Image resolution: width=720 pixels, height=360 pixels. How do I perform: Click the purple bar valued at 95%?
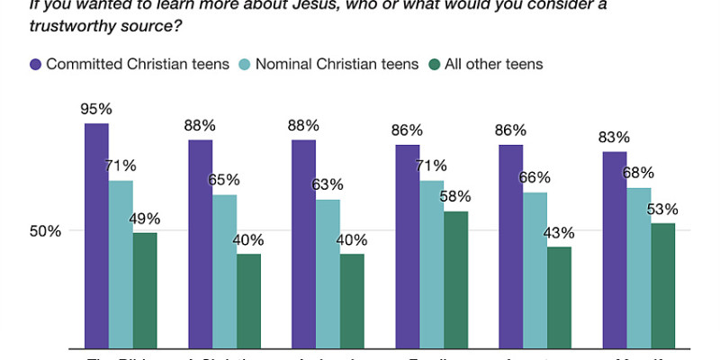(x=96, y=236)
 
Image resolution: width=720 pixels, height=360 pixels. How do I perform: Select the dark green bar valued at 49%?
(x=145, y=290)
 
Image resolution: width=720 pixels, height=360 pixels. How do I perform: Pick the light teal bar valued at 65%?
(x=224, y=271)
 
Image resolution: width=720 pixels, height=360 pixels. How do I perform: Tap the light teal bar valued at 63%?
(x=328, y=274)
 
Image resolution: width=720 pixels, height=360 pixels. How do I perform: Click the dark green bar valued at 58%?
(x=455, y=279)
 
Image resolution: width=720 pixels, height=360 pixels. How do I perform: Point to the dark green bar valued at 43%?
(x=559, y=297)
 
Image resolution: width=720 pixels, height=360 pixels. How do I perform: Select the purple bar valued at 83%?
(x=614, y=249)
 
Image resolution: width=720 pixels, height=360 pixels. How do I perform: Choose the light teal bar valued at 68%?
(x=638, y=267)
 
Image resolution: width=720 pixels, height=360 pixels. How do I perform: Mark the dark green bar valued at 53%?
(x=662, y=285)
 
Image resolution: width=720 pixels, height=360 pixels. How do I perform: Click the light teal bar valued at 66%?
(x=535, y=270)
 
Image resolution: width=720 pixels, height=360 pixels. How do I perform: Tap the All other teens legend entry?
(x=491, y=64)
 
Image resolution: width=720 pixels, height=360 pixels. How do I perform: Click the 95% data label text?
(x=96, y=109)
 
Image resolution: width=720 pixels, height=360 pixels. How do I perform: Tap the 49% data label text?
(x=145, y=218)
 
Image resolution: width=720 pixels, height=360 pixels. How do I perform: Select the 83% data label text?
(x=614, y=138)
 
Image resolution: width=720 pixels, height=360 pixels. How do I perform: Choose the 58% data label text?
(x=455, y=196)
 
